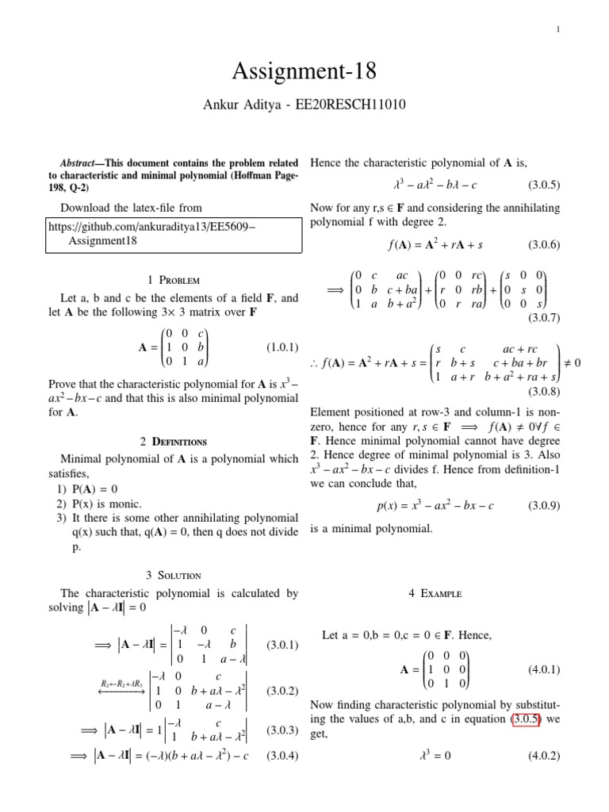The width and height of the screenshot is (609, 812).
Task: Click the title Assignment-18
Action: pyautogui.click(x=304, y=73)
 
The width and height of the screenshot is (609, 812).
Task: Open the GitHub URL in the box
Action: pyautogui.click(x=151, y=227)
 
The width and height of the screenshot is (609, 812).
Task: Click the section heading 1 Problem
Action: pyautogui.click(x=174, y=280)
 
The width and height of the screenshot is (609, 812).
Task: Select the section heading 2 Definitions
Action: pyautogui.click(x=174, y=441)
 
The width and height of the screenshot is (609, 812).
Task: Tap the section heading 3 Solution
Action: pyautogui.click(x=174, y=575)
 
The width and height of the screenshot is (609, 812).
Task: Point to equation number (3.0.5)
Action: pyautogui.click(x=544, y=186)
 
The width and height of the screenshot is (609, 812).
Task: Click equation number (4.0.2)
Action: pyautogui.click(x=544, y=756)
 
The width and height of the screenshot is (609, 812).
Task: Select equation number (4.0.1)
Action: pyautogui.click(x=544, y=669)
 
